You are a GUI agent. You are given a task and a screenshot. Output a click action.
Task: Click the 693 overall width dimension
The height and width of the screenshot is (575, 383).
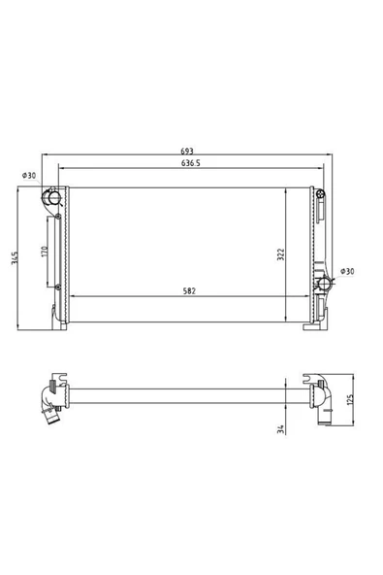coord(187,151)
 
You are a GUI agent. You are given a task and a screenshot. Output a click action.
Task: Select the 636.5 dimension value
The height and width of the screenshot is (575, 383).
coord(191,163)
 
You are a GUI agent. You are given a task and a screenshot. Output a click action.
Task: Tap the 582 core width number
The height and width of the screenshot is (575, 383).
coord(189,291)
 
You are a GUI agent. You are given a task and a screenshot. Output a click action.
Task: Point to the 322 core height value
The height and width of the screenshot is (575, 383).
coord(281,254)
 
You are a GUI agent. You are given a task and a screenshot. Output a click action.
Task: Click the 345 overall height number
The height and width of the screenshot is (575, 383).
coord(15,257)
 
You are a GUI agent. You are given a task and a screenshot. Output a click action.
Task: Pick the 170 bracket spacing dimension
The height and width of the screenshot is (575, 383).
coord(45,252)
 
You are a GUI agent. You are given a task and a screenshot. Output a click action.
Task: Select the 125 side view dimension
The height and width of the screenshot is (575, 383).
coord(350,400)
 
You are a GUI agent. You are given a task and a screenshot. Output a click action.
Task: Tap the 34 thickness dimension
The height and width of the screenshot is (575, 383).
coord(281,429)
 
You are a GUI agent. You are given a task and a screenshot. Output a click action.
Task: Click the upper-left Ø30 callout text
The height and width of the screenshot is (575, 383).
coord(29,175)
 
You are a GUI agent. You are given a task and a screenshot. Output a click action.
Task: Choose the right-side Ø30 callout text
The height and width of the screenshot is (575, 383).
coord(347,271)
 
